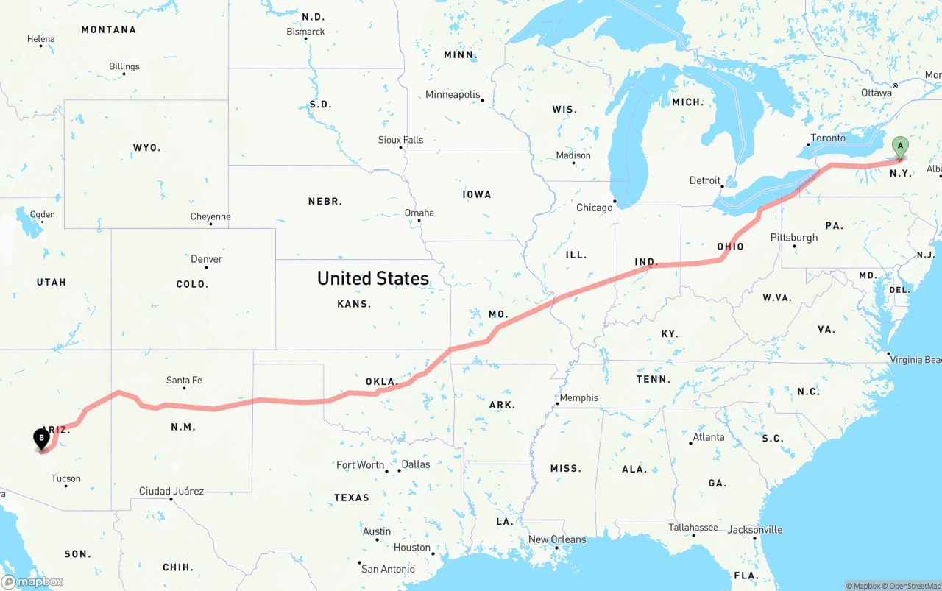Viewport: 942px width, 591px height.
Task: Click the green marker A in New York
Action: (x=899, y=146)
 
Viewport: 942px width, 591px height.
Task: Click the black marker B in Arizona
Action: (x=43, y=439)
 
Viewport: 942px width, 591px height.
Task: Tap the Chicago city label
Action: (x=594, y=208)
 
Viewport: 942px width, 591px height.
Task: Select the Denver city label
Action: (x=206, y=259)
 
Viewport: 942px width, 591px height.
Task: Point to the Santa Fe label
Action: (x=184, y=381)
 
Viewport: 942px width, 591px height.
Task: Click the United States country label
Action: (x=372, y=278)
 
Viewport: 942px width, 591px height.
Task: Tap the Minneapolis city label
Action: (x=453, y=95)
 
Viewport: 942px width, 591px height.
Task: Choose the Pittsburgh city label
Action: (x=793, y=238)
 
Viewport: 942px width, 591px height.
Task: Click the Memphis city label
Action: (x=579, y=398)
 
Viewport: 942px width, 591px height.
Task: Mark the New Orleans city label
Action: (x=557, y=539)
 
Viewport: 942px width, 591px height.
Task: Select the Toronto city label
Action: (x=829, y=138)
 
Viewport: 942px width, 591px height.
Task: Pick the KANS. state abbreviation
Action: (x=354, y=304)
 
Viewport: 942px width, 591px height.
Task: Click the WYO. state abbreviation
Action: (x=146, y=148)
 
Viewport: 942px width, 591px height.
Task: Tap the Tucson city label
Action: (x=65, y=478)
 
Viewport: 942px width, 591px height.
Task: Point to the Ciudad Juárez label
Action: (x=171, y=491)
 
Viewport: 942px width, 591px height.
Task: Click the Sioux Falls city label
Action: (x=401, y=140)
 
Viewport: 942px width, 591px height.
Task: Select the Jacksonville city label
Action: (x=755, y=530)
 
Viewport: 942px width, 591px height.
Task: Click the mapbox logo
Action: (x=32, y=581)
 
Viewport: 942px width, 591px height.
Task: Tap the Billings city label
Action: (x=124, y=66)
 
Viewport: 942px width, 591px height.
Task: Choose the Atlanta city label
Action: (x=708, y=437)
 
